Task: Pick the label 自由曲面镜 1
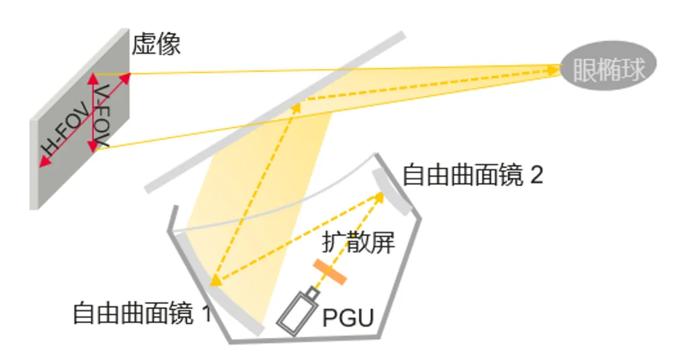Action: tap(142, 313)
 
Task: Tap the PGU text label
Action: tap(348, 318)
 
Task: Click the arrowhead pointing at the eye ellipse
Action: tap(555, 70)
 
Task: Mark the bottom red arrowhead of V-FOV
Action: tap(93, 147)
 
